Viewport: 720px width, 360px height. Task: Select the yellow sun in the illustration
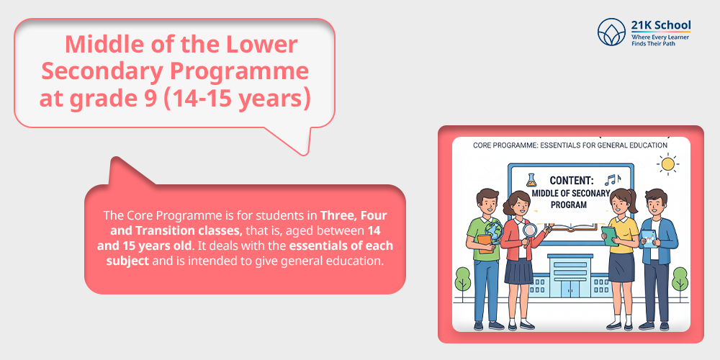pos(668,165)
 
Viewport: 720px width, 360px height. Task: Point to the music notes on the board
pos(612,179)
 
